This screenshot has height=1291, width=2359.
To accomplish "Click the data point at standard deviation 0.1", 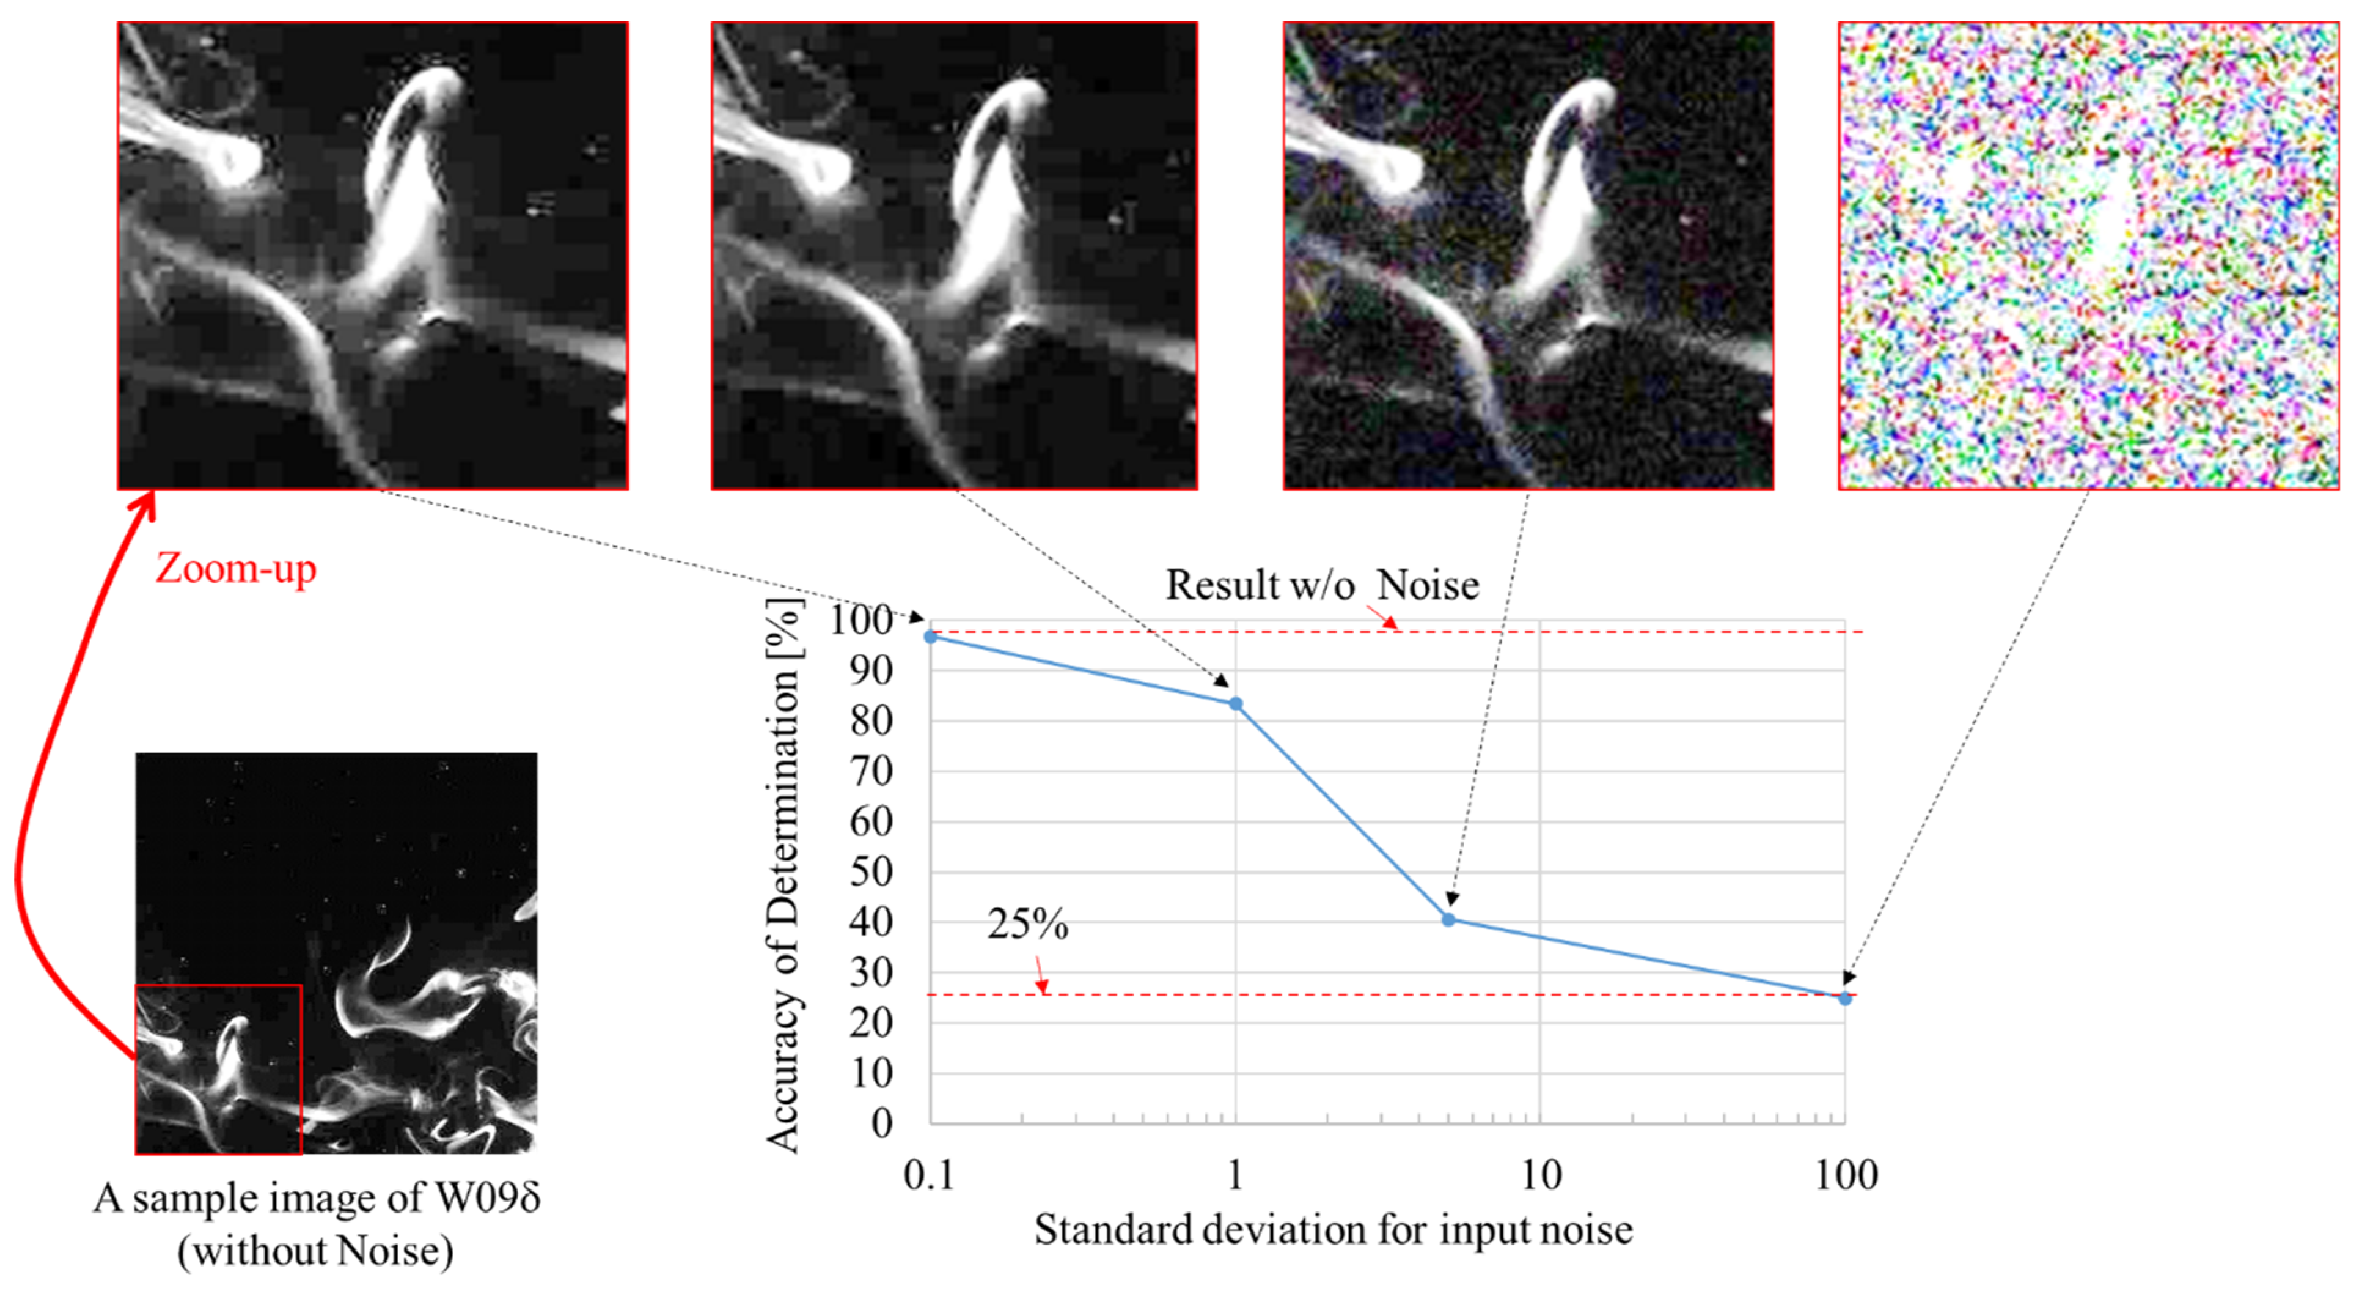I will tap(930, 636).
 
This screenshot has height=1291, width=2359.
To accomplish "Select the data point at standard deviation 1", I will tap(1235, 704).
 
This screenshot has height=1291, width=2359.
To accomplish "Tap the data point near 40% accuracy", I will tap(1448, 919).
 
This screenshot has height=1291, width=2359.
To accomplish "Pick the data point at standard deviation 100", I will tap(1844, 998).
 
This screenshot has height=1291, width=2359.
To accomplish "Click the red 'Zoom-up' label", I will tap(235, 568).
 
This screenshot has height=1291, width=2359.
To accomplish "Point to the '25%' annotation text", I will tap(1027, 923).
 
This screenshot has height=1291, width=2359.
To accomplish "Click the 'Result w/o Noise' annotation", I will tap(1321, 585).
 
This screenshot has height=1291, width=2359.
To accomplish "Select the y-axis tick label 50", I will tap(871, 871).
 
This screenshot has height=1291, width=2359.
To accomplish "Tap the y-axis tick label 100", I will tap(861, 620).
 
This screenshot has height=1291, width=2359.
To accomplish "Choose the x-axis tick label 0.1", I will tap(928, 1175).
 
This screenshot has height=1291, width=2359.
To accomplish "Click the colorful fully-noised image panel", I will tap(2088, 256).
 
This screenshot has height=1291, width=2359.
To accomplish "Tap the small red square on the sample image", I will tap(218, 1069).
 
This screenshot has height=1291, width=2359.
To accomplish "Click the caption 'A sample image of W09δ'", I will tap(316, 1197).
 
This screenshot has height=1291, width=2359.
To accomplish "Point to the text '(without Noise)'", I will tap(315, 1251).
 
